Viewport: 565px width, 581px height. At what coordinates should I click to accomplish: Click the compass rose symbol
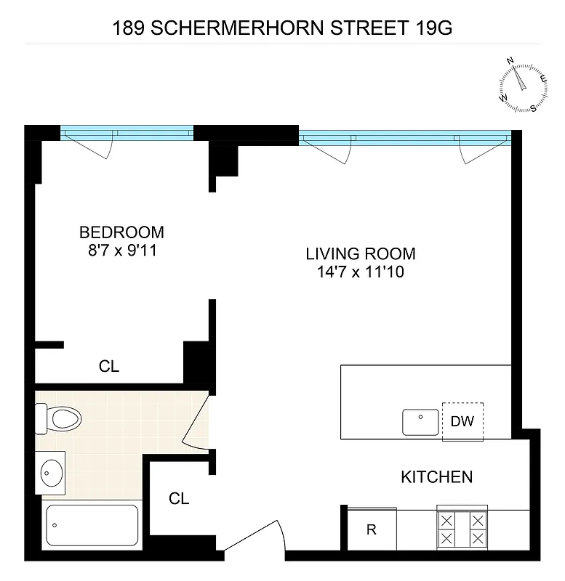[523, 84]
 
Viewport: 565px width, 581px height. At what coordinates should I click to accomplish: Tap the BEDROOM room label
[121, 232]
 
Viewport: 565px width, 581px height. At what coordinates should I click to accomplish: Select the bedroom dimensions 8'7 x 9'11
[121, 251]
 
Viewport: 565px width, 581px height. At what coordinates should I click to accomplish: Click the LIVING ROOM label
[360, 254]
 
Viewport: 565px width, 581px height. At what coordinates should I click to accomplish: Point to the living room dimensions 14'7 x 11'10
[360, 273]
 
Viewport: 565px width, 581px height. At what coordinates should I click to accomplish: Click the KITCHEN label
[436, 477]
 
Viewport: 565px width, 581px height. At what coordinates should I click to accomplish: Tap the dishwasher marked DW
[462, 421]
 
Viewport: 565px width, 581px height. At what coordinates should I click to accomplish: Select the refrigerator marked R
[371, 530]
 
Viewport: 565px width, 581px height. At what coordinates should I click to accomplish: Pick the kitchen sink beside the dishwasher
[421, 421]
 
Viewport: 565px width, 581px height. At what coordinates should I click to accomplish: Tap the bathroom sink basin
[50, 474]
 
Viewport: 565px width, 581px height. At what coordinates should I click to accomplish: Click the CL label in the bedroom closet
[109, 367]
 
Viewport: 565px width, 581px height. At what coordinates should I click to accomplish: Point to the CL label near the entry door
[179, 499]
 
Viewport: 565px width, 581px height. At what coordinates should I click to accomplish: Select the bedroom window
[127, 133]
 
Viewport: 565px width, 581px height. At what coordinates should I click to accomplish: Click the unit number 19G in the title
[433, 28]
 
